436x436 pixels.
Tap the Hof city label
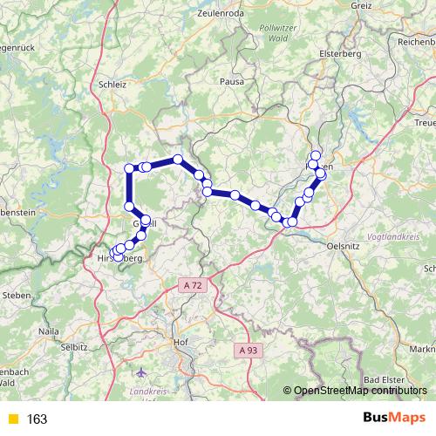click(181, 342)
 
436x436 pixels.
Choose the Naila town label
click(50, 332)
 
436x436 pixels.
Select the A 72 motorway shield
click(193, 285)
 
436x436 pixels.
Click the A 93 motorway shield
click(248, 349)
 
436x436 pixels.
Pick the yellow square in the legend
click(11, 419)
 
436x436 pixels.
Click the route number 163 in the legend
click(37, 419)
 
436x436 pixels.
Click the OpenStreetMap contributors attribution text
click(361, 390)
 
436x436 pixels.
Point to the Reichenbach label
click(412, 41)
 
